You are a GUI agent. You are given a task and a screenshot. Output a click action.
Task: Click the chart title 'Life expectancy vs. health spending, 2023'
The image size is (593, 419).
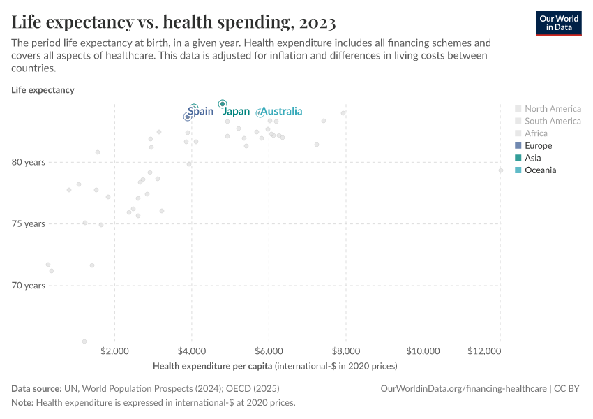[174, 22]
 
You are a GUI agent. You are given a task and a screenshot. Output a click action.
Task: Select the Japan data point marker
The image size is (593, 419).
[223, 104]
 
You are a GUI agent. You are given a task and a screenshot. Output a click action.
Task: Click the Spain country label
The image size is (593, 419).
[201, 111]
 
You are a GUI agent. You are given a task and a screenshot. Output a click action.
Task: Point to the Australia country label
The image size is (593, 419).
[281, 111]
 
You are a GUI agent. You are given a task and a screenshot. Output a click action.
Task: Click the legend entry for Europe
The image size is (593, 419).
[538, 146]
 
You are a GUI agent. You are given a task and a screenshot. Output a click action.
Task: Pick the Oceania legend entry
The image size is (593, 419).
[540, 170]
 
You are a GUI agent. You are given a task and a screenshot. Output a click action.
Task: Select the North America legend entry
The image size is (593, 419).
[553, 109]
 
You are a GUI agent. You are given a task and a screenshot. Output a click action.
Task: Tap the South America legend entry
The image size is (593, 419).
[553, 122]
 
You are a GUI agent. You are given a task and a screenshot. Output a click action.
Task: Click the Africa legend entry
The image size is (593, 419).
[536, 133]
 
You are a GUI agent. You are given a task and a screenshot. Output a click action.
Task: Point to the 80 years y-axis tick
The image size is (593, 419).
[28, 162]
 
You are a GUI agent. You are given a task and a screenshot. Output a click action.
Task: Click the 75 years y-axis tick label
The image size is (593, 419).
[28, 223]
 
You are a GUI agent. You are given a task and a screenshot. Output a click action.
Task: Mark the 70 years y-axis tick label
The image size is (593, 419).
[28, 286]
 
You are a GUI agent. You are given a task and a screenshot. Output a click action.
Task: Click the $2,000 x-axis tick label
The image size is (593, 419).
[115, 350]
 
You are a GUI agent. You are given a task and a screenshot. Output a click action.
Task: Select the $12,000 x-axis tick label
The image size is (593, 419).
[485, 350]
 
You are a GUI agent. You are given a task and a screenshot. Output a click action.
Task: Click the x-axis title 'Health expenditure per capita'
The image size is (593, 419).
[212, 366]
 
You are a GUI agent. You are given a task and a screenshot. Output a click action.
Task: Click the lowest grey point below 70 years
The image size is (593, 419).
[84, 341]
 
